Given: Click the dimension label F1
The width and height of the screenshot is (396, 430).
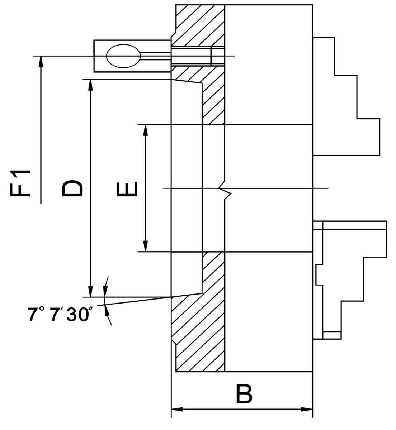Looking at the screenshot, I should [x=20, y=183].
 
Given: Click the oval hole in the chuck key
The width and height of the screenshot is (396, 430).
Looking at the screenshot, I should [x=123, y=56].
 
